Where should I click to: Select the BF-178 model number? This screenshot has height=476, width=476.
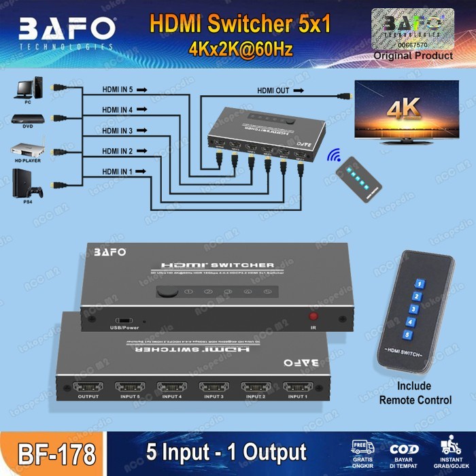(x=52, y=452)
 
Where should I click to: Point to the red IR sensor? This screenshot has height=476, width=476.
(x=314, y=316)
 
